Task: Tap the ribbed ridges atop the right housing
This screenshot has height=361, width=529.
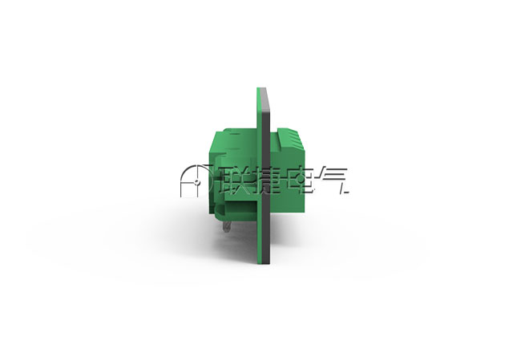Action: tap(291, 139)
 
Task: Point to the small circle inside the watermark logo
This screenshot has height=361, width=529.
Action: tap(196, 183)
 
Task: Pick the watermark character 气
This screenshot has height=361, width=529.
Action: tap(333, 180)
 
